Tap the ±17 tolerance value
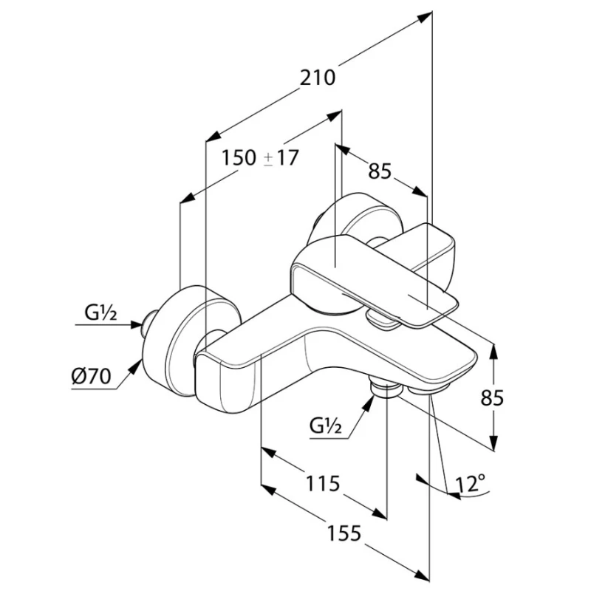pyautogui.click(x=281, y=157)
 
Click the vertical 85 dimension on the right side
pyautogui.click(x=492, y=397)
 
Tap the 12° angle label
pyautogui.click(x=471, y=484)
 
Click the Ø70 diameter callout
pyautogui.click(x=91, y=377)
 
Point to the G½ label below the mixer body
pyautogui.click(x=326, y=427)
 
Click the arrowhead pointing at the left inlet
pyautogui.click(x=137, y=324)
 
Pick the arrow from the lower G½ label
pyautogui.click(x=361, y=414)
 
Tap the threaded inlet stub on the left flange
pyautogui.click(x=151, y=323)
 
